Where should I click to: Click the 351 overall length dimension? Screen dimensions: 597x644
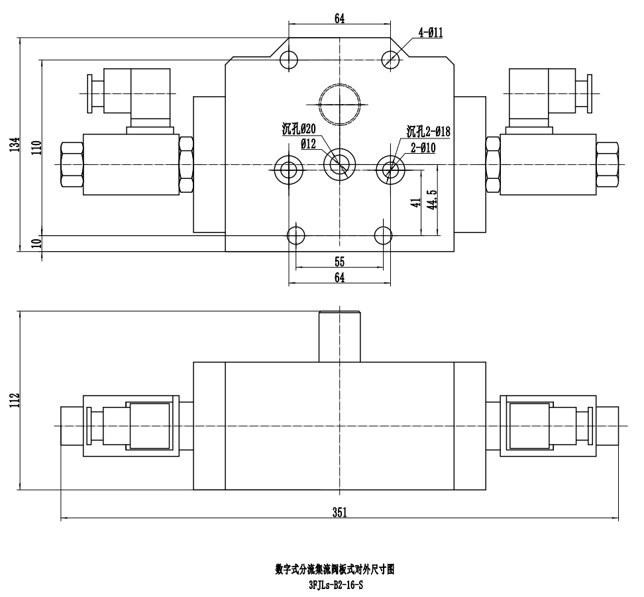coord(339,512)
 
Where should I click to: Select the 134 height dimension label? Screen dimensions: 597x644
coord(15,144)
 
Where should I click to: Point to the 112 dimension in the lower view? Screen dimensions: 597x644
coord(15,400)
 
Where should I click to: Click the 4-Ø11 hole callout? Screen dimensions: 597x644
coord(430,32)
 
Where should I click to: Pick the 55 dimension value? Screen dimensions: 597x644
coord(339,261)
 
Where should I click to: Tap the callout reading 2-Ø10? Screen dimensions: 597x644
coord(423,148)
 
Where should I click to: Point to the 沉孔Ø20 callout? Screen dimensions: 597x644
coord(299,130)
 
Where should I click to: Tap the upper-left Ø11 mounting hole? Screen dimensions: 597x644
coord(288,60)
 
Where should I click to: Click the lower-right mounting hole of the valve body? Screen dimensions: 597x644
coord(384,235)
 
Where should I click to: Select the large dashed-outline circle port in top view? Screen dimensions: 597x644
coord(339,103)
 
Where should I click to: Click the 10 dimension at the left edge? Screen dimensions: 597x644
coord(36,243)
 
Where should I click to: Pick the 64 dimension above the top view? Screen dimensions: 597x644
coord(339,19)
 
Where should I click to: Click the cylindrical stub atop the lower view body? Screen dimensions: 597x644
coord(339,337)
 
